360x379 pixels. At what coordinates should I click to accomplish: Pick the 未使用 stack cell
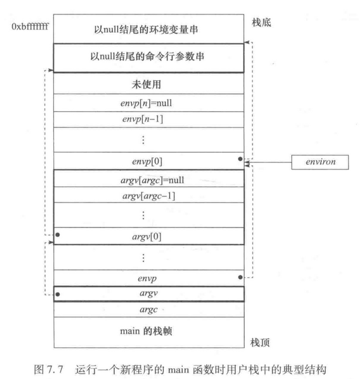(148, 84)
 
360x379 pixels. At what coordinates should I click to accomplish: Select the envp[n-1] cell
(148, 120)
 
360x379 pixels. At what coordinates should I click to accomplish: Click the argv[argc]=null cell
(148, 179)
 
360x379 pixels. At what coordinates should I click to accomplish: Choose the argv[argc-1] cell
(148, 196)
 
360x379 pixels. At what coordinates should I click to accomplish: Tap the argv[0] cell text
(148, 236)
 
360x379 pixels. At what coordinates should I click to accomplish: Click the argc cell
(148, 310)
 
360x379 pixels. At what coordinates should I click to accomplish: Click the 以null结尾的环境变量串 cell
(148, 29)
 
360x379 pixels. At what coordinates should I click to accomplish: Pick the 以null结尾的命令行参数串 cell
(148, 57)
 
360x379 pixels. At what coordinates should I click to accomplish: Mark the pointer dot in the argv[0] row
(58, 235)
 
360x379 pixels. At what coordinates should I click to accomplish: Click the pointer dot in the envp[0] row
(239, 158)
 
